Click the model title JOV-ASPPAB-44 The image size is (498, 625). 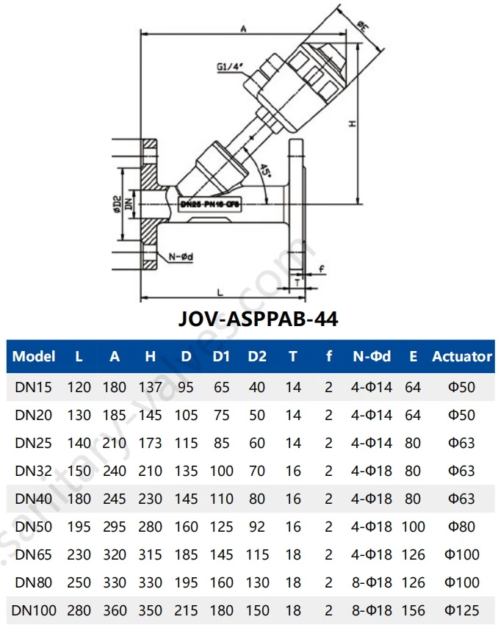pyautogui.click(x=258, y=319)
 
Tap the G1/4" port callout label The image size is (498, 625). pyautogui.click(x=230, y=67)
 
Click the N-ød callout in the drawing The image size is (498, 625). pyautogui.click(x=181, y=256)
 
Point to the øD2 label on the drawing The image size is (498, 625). pyautogui.click(x=117, y=203)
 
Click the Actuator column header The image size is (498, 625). pyautogui.click(x=461, y=356)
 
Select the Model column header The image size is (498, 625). pyautogui.click(x=35, y=356)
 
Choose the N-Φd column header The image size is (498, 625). pyautogui.click(x=372, y=356)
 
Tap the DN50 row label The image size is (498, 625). pyautogui.click(x=34, y=527)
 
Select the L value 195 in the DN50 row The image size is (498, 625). pyautogui.click(x=79, y=527)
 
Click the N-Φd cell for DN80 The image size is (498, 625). pyautogui.click(x=372, y=582)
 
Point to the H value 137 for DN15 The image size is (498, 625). pyautogui.click(x=150, y=387)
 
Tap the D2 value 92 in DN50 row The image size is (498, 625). pyautogui.click(x=257, y=527)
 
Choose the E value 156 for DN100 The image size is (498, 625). pyautogui.click(x=414, y=610)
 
